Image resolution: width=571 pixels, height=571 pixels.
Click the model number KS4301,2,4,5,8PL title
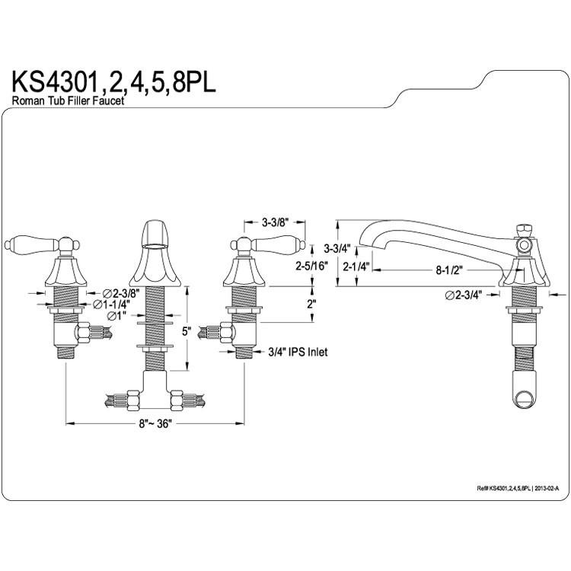(114, 82)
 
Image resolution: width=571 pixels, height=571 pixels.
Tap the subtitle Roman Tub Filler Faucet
(68, 100)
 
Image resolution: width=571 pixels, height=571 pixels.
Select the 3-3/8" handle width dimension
(275, 222)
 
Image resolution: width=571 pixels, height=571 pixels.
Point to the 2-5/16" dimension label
(311, 266)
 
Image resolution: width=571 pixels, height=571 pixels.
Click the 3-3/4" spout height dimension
(337, 249)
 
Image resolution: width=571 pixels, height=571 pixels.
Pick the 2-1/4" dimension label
(356, 266)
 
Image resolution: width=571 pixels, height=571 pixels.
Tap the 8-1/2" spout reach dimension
(448, 270)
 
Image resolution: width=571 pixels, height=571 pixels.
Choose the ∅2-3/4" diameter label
(463, 295)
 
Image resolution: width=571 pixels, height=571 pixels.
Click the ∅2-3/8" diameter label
(121, 292)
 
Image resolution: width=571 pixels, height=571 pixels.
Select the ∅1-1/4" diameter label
(111, 304)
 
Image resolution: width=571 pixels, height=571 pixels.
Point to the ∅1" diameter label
(116, 316)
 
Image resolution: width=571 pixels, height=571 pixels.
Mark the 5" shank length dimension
(187, 332)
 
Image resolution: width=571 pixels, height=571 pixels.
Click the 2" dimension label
(311, 304)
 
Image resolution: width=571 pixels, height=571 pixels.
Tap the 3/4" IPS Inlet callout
(298, 352)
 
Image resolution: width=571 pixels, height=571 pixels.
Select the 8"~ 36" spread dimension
(155, 424)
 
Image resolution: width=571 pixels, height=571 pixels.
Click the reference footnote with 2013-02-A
(518, 488)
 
